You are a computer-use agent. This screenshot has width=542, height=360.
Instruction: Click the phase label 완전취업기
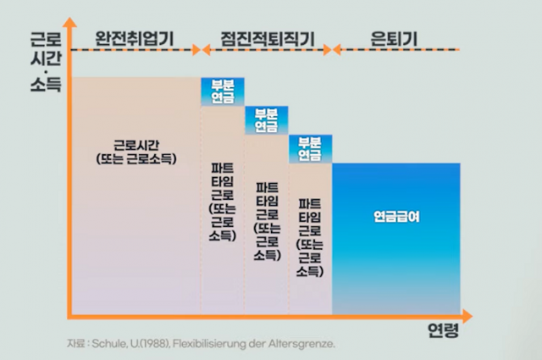click(133, 38)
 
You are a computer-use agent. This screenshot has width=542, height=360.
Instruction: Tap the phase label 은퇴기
click(395, 38)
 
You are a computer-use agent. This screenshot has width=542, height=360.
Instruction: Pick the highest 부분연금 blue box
click(223, 91)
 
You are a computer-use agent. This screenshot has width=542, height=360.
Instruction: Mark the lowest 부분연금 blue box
click(311, 149)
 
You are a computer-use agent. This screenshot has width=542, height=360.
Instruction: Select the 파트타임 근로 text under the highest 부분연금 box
click(223, 196)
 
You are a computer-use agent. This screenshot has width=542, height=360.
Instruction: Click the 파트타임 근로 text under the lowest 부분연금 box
click(311, 237)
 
